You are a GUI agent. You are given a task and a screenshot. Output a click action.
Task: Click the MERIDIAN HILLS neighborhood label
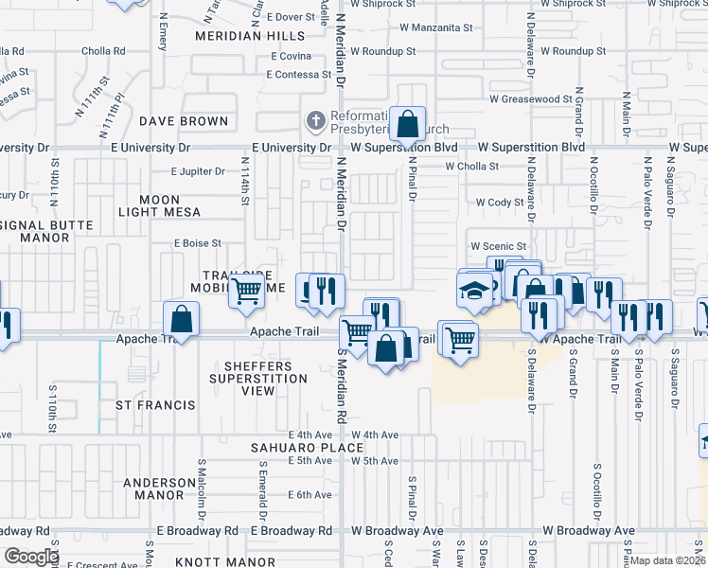[x=250, y=36]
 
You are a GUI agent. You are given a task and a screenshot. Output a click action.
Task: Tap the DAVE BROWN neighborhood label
[x=184, y=121]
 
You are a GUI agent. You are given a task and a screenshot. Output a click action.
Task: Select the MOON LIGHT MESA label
[x=160, y=206]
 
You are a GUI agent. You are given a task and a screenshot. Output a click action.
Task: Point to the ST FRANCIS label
[x=155, y=405]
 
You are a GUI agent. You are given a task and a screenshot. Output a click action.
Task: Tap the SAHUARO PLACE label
[x=307, y=448]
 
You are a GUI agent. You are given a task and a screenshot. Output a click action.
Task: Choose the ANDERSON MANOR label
[x=153, y=488]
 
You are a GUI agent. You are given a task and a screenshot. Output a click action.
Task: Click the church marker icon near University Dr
[x=315, y=121]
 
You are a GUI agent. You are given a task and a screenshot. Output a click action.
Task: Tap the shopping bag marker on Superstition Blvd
[x=407, y=124]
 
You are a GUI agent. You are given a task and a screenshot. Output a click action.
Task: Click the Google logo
[x=30, y=557]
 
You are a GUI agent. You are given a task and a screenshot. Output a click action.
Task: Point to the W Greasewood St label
[x=530, y=98]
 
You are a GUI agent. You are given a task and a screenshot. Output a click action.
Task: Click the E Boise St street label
[x=197, y=243]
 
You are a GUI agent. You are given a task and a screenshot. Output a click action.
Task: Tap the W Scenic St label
[x=498, y=246]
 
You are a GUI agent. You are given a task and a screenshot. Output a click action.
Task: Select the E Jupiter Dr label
[x=198, y=172]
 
